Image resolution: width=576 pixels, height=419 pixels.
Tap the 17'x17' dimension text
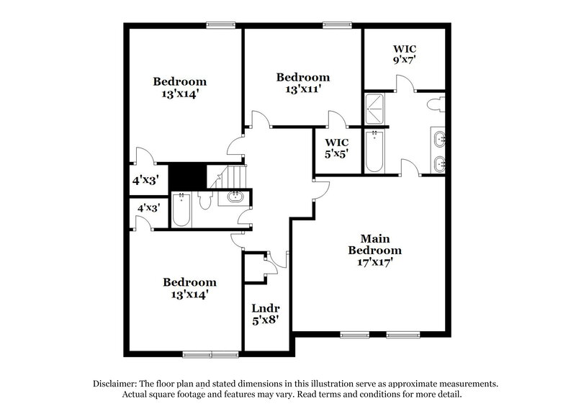pos(375,262)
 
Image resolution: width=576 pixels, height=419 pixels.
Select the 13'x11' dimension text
pos(303,89)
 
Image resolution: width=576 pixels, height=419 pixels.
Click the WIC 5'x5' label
pos(336,148)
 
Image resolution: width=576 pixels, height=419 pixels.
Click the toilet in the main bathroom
pos(436,105)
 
